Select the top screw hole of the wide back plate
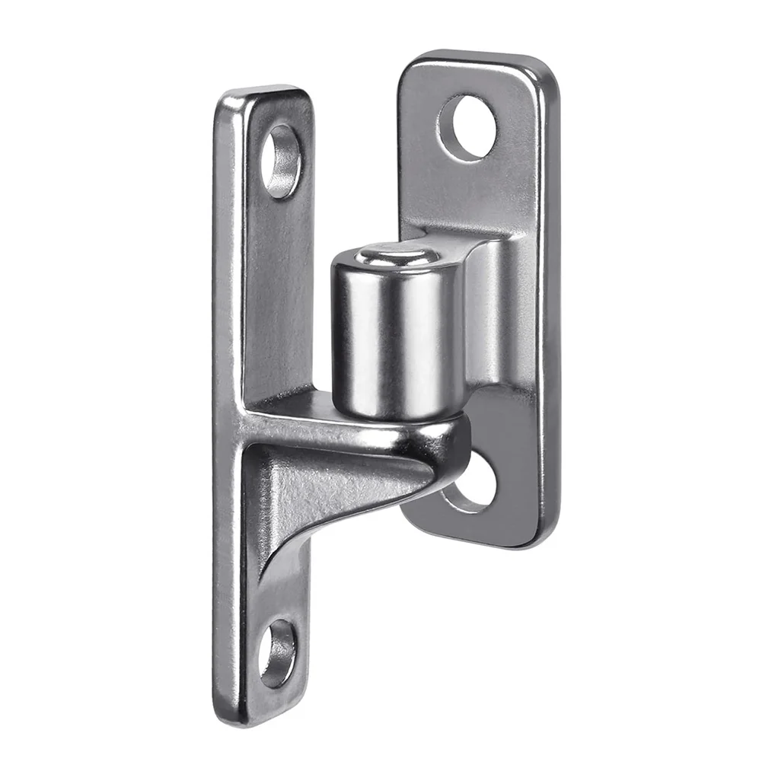pos(467,127)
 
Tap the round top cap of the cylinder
pos(394,255)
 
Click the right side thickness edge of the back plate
pos(550,304)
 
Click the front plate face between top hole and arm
pos(278,289)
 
